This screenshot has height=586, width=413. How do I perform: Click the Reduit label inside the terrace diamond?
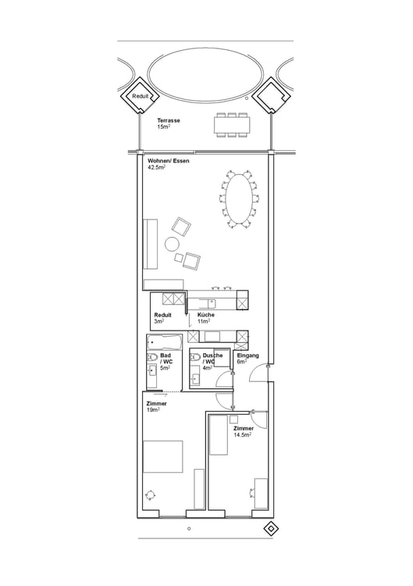pos(140,95)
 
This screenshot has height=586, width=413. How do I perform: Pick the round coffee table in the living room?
pos(173,245)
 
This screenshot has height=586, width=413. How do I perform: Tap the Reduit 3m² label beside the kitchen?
pos(162,318)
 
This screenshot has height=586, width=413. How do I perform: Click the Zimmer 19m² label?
pos(156,406)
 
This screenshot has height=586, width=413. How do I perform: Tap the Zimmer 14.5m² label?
pos(243,432)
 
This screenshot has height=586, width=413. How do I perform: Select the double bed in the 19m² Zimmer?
pos(162,456)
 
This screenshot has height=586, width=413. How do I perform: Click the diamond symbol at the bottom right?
pos(270,529)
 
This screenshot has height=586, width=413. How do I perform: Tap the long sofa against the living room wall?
pos(151,244)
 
